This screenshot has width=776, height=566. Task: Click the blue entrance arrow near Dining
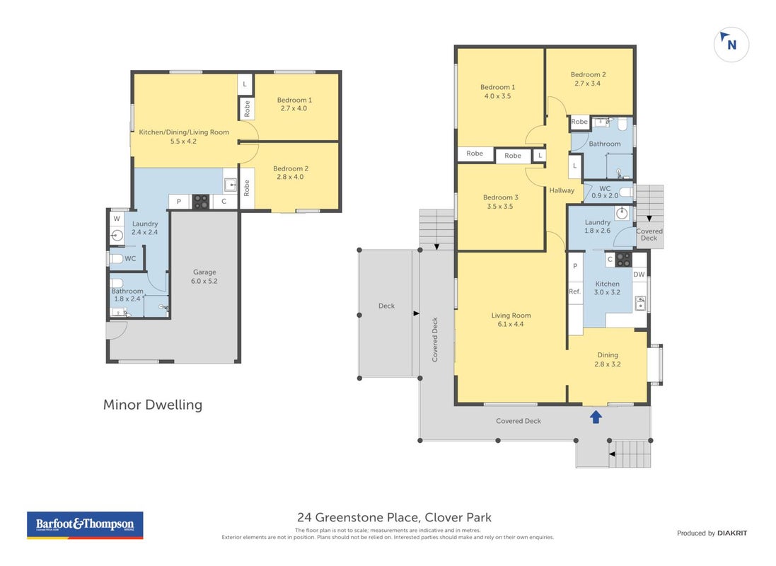point(596,417)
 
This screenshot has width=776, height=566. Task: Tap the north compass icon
point(731,44)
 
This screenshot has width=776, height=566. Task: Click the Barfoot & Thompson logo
point(85,525)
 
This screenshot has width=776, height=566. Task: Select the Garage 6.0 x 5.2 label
point(204,277)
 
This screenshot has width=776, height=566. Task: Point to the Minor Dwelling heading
point(152,405)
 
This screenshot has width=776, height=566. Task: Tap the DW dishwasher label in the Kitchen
point(639,275)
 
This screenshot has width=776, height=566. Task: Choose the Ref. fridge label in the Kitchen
point(574,291)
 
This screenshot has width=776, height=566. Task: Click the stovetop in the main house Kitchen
point(624,260)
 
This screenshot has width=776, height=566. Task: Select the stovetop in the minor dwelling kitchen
point(200,202)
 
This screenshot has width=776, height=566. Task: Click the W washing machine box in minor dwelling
point(117,219)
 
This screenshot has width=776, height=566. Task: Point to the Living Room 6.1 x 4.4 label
point(511,320)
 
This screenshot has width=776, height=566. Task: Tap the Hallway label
point(562,190)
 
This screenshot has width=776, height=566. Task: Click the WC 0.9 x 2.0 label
point(605,192)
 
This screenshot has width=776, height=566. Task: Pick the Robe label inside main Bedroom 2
point(579,122)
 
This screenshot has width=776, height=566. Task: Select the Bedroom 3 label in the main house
point(500,197)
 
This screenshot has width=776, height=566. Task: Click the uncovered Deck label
point(386,306)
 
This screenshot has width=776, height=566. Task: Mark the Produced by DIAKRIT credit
point(712,533)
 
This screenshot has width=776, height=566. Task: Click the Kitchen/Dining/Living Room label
point(184,132)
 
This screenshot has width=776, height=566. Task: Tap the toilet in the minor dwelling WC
point(115,258)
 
